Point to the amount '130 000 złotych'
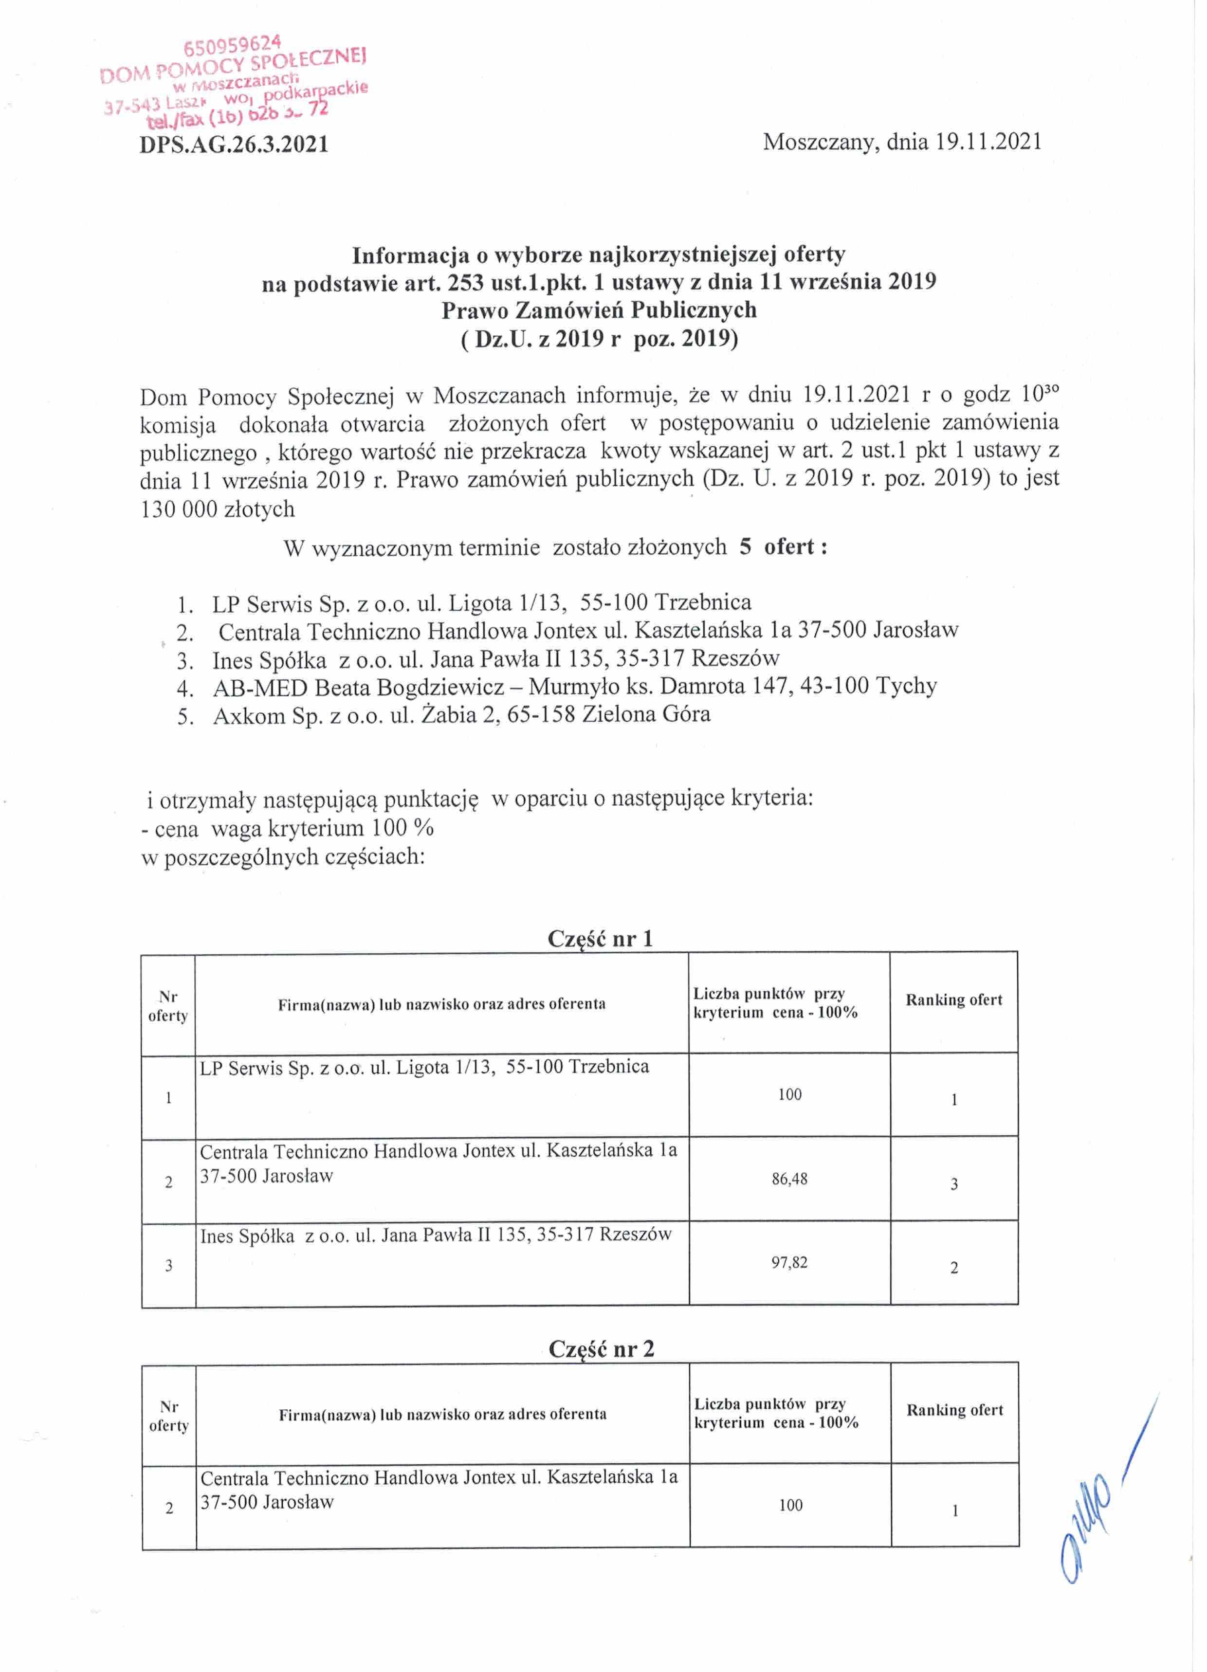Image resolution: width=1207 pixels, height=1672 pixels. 218,509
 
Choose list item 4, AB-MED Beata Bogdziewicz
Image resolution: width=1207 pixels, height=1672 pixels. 574,686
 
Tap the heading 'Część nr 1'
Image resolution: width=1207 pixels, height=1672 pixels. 600,939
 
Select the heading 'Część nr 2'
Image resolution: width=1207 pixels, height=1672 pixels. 601,1348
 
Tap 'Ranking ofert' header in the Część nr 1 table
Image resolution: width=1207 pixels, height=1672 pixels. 953,1000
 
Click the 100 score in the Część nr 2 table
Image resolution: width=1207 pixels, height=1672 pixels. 790,1505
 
